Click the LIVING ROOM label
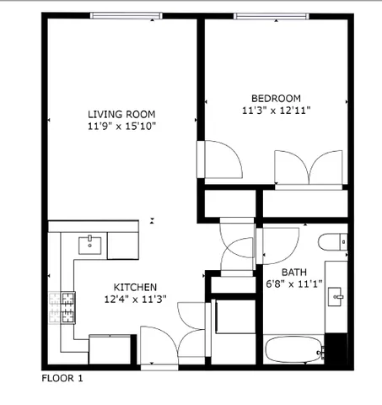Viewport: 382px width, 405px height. click(122, 114)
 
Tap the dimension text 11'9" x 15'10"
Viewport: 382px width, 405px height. click(122, 126)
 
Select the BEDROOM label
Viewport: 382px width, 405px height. click(271, 96)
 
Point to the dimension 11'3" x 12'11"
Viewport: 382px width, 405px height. click(271, 108)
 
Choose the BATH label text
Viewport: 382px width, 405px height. click(293, 272)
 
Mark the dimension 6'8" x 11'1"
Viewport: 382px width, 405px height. click(293, 283)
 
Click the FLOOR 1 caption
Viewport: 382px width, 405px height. click(62, 379)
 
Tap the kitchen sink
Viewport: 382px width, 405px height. click(90, 246)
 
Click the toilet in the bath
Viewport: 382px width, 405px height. click(333, 240)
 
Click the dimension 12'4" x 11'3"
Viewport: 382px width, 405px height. click(130, 300)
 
